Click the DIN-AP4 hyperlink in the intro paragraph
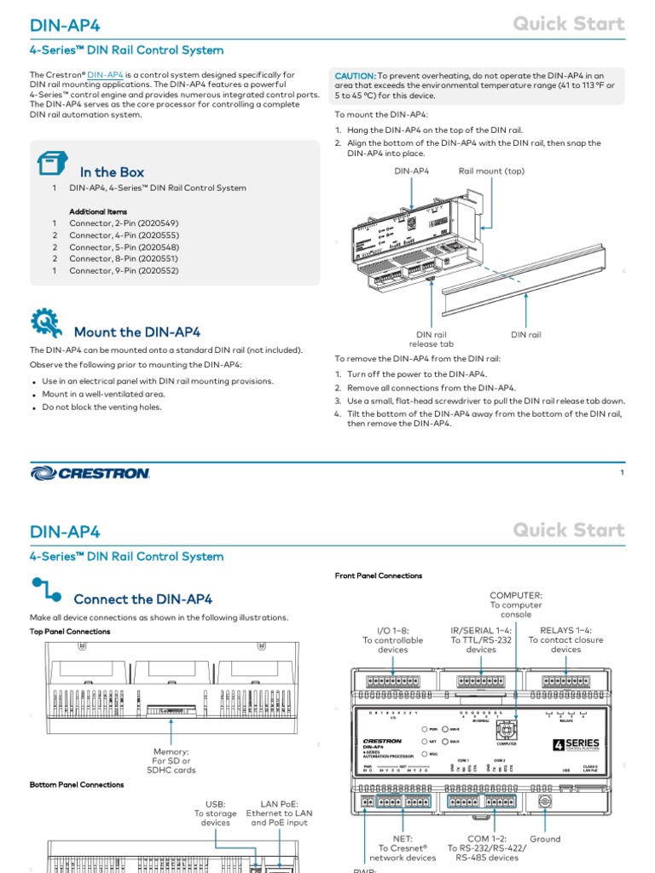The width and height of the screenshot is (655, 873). coord(105,75)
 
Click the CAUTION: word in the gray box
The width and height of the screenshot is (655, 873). coord(355,76)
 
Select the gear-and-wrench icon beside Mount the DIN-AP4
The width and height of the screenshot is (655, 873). coord(45,324)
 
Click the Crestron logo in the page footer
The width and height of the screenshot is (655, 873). coord(90,472)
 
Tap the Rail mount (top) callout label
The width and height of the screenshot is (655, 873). coord(491,171)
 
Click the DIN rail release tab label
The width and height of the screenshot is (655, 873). coord(431,339)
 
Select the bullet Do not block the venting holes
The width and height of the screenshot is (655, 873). coord(101,408)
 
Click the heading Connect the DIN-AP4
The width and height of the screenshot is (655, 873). coord(142,599)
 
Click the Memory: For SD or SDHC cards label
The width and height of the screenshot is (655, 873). coord(171,760)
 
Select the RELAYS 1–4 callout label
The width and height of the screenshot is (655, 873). coord(565,639)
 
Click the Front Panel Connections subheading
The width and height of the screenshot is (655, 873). coord(378,575)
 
